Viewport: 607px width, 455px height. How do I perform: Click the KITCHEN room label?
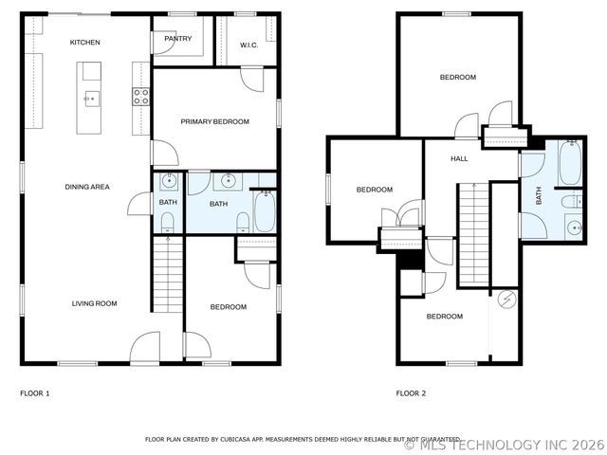pos(84,43)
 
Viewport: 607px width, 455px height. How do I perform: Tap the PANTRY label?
pos(177,39)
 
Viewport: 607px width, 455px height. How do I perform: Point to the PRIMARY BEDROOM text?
pos(215,121)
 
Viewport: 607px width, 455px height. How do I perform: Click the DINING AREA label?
pos(87,187)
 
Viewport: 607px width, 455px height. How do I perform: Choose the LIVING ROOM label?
pos(94,303)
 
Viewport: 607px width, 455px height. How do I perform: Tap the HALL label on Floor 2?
pos(459,158)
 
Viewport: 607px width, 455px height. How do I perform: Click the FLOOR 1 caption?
pos(34,392)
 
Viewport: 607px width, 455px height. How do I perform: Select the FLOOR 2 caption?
pos(411,392)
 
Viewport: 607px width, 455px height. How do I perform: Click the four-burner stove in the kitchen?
pos(140,96)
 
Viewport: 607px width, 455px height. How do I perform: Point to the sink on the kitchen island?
pos(92,96)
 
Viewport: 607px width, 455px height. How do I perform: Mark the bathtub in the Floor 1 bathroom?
pos(264,212)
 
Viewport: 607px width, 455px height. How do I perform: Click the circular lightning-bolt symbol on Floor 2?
pos(507,300)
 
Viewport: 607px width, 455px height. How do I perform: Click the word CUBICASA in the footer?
pos(246,440)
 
